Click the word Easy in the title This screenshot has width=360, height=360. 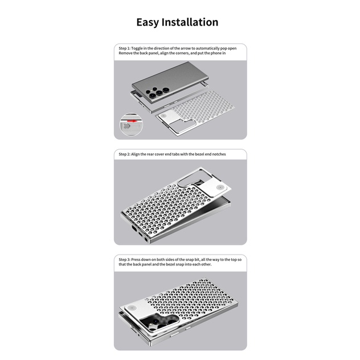click(x=149, y=23)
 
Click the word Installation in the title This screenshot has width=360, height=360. click(x=191, y=23)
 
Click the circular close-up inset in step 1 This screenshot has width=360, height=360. click(x=130, y=125)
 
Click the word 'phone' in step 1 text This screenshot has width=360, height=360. click(x=216, y=53)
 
